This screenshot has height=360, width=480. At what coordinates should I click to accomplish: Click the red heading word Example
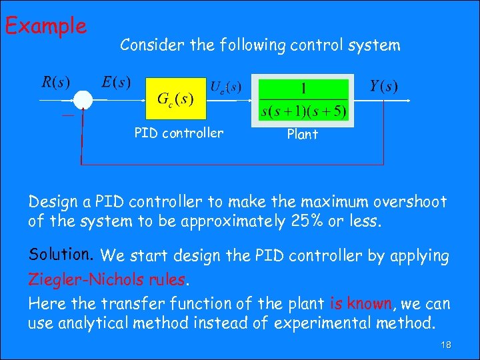(45, 27)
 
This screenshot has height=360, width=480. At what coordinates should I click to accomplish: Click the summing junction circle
(83, 99)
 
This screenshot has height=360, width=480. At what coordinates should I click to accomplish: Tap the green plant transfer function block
(304, 99)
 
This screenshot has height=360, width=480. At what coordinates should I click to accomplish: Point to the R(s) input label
(56, 83)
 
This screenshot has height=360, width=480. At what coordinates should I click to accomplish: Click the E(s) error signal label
(117, 83)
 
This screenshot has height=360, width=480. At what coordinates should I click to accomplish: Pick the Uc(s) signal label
(225, 87)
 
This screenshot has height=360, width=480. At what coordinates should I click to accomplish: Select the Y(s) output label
(383, 86)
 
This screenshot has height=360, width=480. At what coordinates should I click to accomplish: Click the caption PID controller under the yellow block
(179, 133)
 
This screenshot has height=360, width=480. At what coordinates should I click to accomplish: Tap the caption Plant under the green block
(302, 134)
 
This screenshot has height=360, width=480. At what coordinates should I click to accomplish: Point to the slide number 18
(445, 345)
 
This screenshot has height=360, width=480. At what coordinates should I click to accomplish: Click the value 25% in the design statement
(305, 221)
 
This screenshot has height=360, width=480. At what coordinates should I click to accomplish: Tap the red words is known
(361, 304)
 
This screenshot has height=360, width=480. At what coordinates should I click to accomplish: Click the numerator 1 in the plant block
(304, 87)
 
